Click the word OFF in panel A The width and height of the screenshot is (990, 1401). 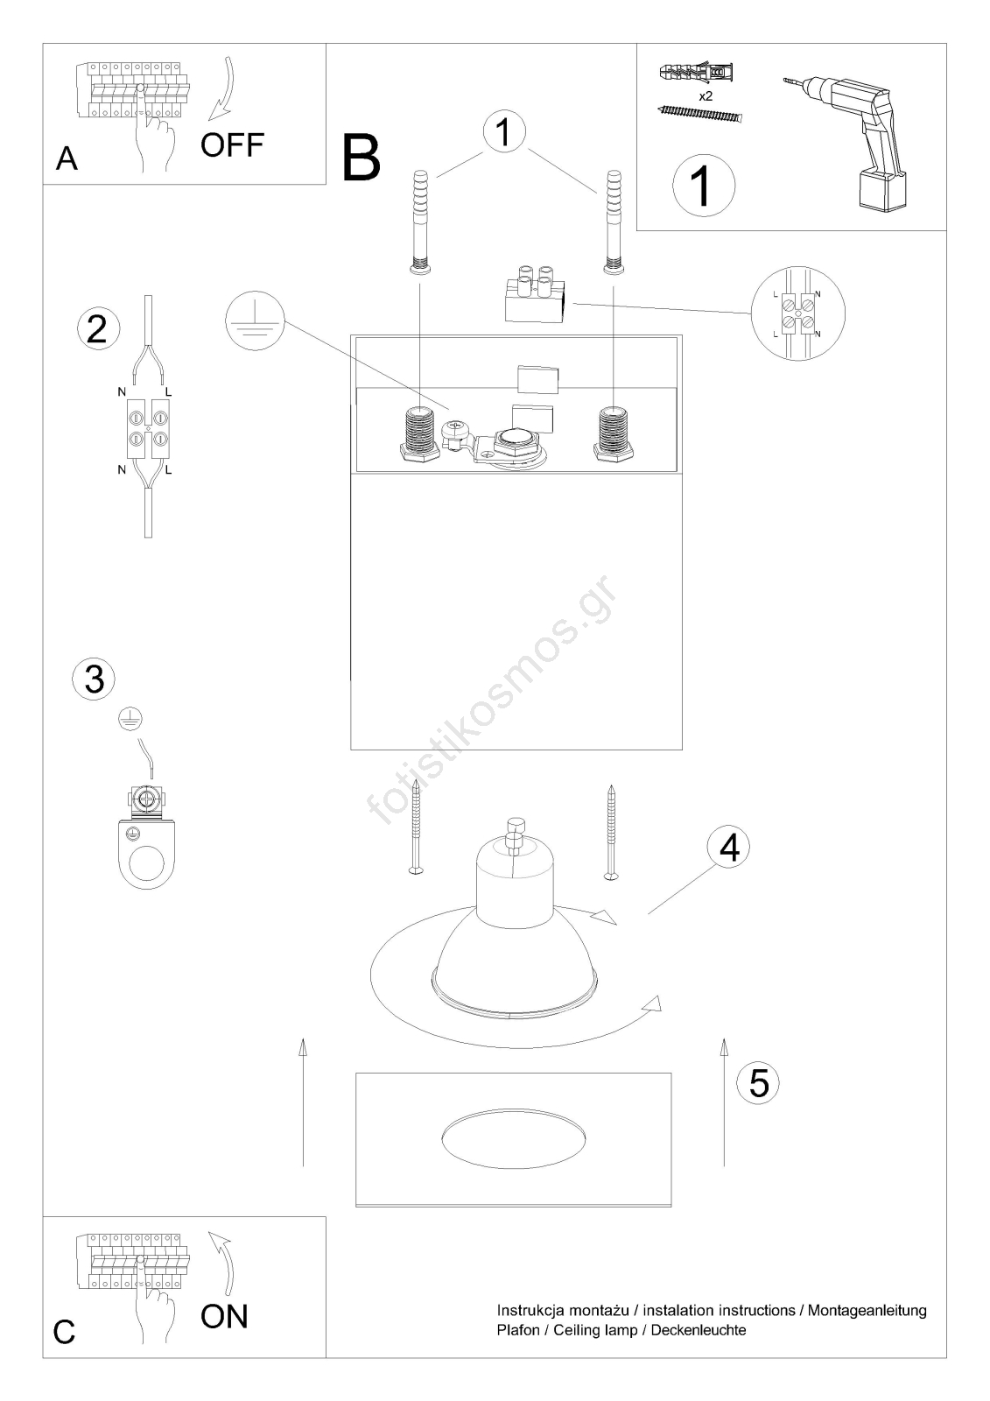coord(232,145)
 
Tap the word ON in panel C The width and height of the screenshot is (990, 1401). coord(224,1316)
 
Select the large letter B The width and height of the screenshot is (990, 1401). coord(362,158)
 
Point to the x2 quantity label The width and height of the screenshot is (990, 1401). coord(706,96)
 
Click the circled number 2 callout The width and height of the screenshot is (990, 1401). coord(98,328)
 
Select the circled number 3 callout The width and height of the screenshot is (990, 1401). coord(94,679)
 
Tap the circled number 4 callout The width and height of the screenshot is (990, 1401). coord(728,848)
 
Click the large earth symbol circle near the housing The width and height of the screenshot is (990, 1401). coord(256,320)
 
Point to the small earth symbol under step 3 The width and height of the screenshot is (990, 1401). coord(130,721)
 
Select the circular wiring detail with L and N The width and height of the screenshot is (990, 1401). coord(797,313)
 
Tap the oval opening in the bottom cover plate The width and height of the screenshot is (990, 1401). coord(514,1139)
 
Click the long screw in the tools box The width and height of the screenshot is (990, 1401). coord(701,115)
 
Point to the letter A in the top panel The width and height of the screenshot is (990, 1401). coord(67,158)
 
